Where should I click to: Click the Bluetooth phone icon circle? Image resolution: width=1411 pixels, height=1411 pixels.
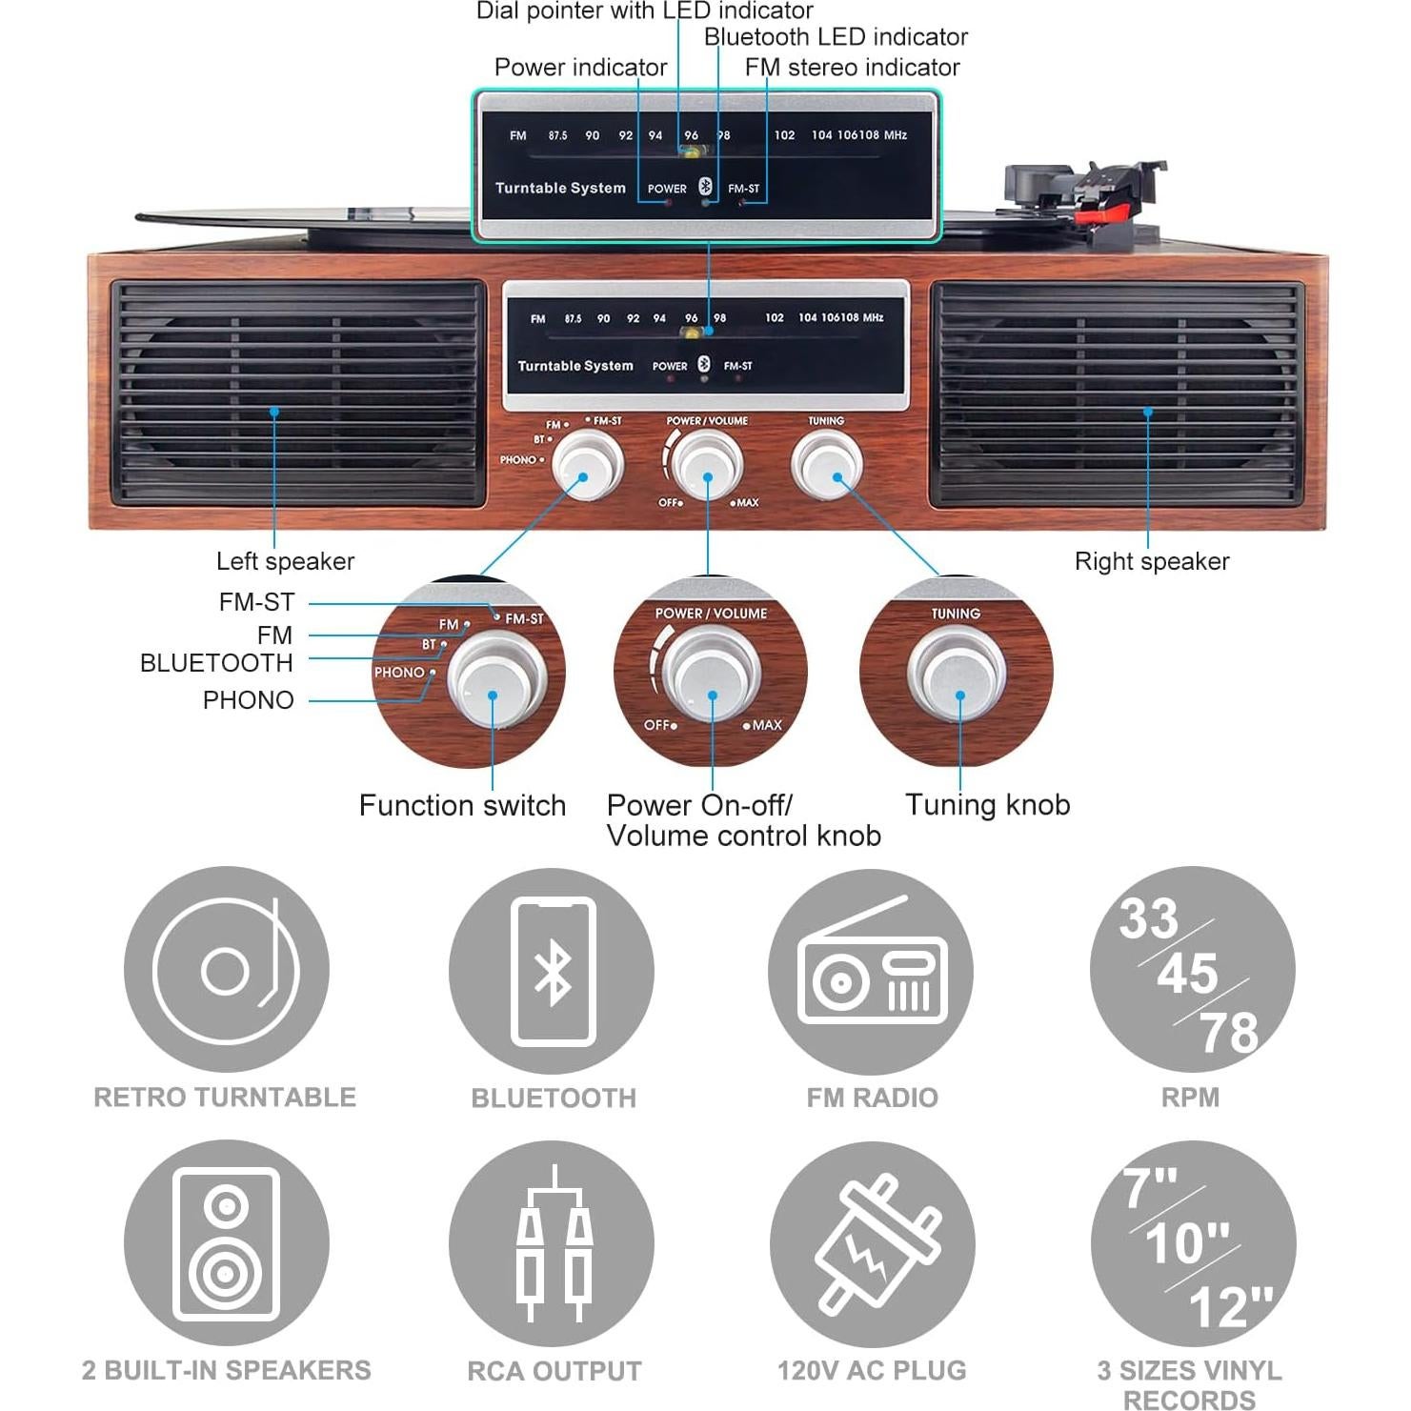[552, 971]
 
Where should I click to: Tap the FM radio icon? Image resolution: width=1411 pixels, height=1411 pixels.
[871, 971]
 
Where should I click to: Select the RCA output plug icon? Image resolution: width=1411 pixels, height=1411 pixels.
[552, 1243]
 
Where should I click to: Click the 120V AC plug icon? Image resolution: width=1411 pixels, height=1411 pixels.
[872, 1243]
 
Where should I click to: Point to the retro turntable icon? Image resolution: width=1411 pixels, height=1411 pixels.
[227, 971]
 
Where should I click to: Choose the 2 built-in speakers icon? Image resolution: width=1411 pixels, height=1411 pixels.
[227, 1243]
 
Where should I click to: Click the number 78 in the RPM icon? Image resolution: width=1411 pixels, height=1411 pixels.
[1228, 1033]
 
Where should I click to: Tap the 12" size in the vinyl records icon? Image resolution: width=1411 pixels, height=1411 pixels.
[1230, 1305]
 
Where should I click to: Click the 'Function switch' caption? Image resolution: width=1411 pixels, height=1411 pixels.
[462, 806]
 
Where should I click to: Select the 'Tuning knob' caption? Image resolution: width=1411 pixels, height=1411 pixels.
[987, 805]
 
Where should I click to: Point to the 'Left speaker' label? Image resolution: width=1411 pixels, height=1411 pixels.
[285, 561]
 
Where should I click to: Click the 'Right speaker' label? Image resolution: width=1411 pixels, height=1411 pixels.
[1151, 561]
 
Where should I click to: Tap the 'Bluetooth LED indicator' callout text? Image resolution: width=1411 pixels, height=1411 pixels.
[836, 37]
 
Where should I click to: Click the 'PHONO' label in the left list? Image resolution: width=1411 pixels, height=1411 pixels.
[248, 700]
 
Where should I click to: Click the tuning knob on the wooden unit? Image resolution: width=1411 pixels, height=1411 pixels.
[826, 464]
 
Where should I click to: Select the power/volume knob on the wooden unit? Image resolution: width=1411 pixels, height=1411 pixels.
[707, 464]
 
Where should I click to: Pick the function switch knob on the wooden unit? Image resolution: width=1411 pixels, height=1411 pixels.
[588, 464]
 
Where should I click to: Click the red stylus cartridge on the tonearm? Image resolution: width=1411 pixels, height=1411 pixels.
[1105, 207]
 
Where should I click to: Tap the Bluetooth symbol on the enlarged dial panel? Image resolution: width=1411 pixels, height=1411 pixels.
[705, 187]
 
